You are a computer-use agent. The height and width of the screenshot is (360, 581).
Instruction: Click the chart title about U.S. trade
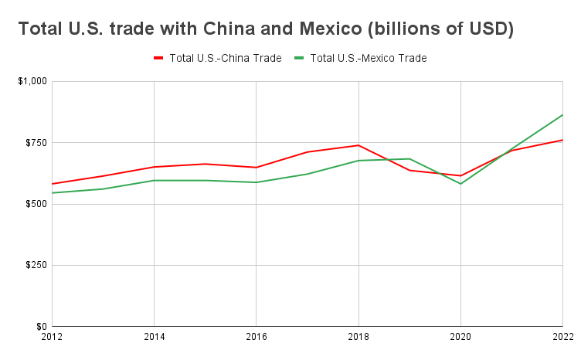[266, 29]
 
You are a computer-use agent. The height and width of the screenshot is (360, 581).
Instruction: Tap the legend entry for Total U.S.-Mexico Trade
[368, 58]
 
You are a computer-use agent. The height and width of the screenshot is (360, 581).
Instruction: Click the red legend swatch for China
[158, 58]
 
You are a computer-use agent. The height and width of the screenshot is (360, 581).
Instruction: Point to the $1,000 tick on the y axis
[32, 81]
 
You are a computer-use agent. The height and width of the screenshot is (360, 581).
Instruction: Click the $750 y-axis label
[36, 143]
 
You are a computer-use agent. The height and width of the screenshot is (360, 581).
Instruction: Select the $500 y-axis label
[36, 204]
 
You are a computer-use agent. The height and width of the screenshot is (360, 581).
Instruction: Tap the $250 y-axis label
[36, 265]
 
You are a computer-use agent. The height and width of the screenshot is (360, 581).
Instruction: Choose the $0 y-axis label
[41, 326]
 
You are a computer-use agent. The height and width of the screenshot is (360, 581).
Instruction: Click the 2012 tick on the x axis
[52, 338]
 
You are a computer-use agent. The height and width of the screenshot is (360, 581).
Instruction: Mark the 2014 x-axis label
[154, 338]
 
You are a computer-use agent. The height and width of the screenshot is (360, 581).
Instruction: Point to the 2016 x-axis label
[256, 338]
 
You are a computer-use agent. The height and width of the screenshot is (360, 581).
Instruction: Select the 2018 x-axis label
[358, 338]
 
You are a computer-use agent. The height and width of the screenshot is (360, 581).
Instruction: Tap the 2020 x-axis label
[460, 338]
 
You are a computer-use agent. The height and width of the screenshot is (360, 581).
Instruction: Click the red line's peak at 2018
[358, 145]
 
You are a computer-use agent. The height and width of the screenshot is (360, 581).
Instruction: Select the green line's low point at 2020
[460, 184]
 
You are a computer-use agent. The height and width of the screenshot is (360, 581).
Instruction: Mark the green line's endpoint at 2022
[562, 115]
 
